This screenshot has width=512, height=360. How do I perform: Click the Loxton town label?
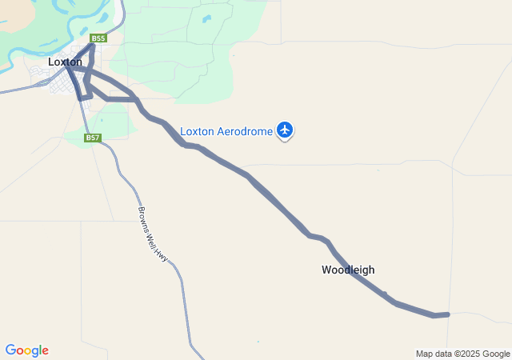tap(65, 62)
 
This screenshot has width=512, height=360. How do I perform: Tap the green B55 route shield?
tap(98, 38)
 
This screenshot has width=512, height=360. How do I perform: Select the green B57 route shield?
tap(94, 138)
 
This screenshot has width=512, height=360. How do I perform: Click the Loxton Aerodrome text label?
tap(226, 131)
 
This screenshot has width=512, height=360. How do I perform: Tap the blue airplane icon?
tap(285, 129)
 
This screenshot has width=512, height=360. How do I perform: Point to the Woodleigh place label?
tap(348, 270)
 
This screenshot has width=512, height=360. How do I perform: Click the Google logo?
tap(26, 350)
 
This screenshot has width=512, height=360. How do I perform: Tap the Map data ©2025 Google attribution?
tap(462, 354)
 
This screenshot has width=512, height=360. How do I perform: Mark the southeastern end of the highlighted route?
tap(447, 314)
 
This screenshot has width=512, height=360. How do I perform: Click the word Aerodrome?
tap(246, 131)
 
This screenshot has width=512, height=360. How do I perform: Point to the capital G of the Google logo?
tap(10, 350)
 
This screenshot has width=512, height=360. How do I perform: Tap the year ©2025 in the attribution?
tap(469, 354)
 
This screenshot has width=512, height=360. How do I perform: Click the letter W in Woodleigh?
tap(326, 270)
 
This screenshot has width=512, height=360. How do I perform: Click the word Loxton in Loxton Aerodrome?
tap(197, 131)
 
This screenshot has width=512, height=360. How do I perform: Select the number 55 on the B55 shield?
tap(100, 38)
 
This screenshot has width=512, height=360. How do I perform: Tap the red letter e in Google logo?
tap(45, 351)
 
